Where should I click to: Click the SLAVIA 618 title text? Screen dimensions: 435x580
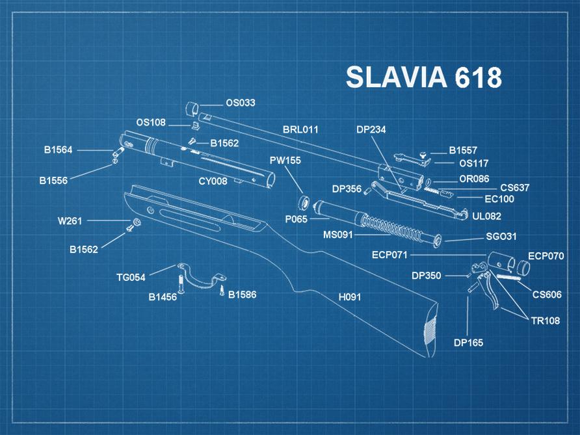pos(423,77)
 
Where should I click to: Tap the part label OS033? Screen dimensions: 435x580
pos(241,103)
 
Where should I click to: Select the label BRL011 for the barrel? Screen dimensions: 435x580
pos(300,129)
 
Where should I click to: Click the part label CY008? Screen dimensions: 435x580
pos(213,181)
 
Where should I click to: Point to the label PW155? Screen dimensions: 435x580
pos(285,160)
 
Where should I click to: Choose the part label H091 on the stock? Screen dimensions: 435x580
pos(349,297)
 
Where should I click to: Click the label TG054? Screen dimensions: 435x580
pos(131,277)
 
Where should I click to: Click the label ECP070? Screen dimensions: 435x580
pos(546,256)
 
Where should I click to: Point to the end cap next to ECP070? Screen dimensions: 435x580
pos(523,267)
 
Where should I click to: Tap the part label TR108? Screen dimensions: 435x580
pos(545,321)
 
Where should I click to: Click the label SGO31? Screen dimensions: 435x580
pos(501,237)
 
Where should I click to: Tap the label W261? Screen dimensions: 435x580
pos(70,221)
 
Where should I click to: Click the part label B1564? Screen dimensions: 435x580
pos(59,150)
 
